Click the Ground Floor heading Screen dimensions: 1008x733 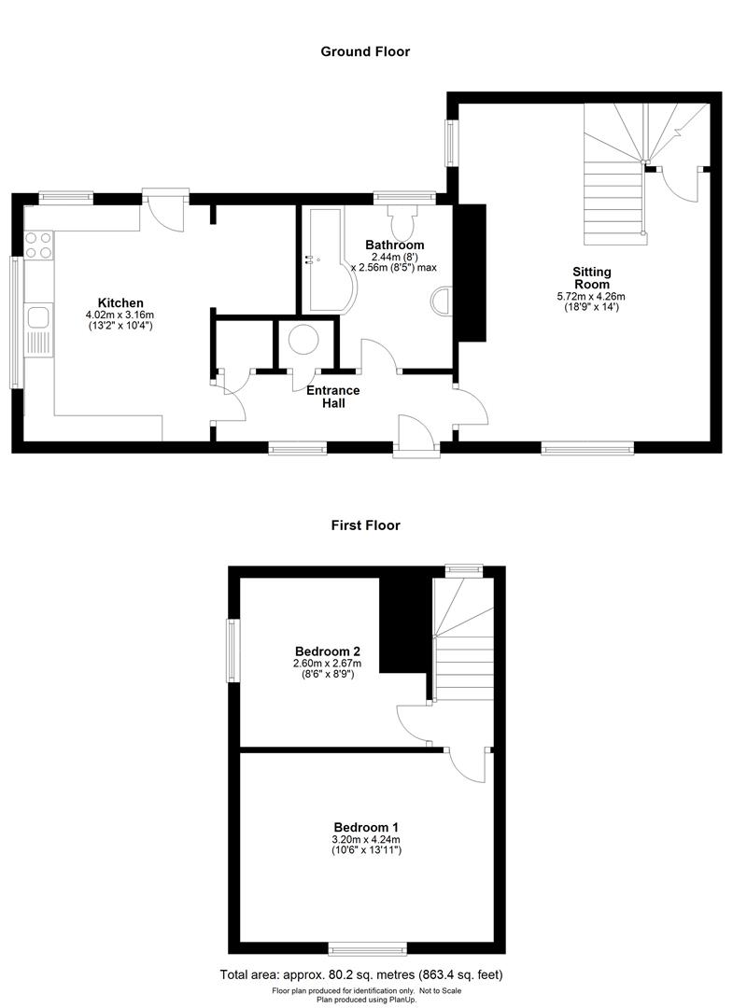[x=365, y=51]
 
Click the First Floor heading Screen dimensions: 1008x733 [x=365, y=525]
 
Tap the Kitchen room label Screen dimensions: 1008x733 [x=120, y=302]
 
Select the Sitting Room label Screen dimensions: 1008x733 [x=592, y=278]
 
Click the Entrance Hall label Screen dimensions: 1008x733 [x=333, y=397]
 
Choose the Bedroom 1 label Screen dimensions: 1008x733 [x=367, y=827]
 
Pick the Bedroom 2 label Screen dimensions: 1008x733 [x=327, y=651]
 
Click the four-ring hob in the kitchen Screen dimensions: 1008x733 [x=38, y=245]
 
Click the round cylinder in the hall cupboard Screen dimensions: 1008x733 [x=304, y=339]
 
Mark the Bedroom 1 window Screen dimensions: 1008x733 [x=367, y=948]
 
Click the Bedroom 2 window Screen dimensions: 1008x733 [x=233, y=651]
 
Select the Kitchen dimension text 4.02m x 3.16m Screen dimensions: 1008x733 [x=120, y=315]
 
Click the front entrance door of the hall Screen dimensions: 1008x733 [x=416, y=439]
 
